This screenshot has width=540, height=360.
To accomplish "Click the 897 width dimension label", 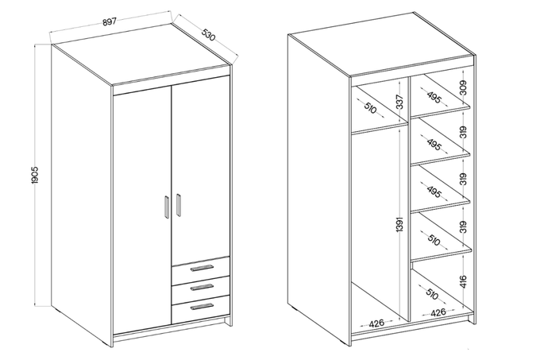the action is click(x=109, y=21).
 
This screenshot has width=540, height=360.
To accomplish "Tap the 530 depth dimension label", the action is click(x=208, y=34).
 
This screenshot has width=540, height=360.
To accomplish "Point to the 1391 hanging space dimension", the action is click(x=399, y=225).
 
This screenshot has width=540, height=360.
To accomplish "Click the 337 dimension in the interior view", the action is click(x=399, y=102).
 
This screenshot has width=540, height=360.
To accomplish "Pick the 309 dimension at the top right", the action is click(x=463, y=88).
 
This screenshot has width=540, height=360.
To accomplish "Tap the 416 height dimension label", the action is click(x=463, y=281).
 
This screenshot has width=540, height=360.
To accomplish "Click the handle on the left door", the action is click(x=167, y=207).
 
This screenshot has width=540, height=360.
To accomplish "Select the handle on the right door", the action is click(x=179, y=205).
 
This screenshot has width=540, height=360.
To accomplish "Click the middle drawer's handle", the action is click(x=202, y=287).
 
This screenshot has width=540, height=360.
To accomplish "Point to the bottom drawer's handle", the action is click(x=202, y=307).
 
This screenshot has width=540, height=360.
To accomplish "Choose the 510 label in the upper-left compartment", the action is click(x=370, y=109).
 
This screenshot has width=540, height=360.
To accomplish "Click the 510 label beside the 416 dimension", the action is click(x=431, y=294).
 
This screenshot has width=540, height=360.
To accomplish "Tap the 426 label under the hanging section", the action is click(x=376, y=323).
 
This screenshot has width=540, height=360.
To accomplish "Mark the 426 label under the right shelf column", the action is click(x=438, y=312).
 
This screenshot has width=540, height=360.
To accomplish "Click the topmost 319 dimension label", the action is click(x=463, y=132).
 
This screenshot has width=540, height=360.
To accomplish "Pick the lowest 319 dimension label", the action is click(x=463, y=227).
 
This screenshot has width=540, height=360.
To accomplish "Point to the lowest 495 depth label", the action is click(x=434, y=192).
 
